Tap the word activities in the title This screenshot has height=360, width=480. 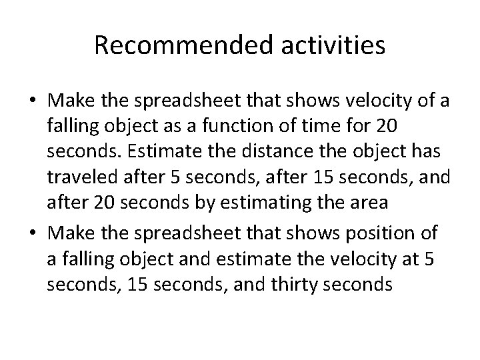(x=331, y=45)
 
